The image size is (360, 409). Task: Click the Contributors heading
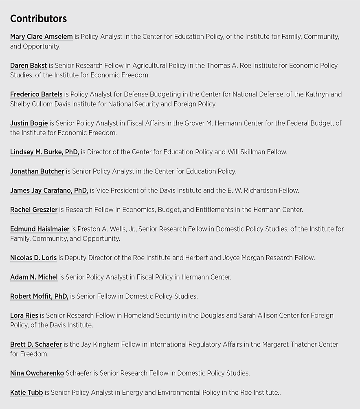coord(38,19)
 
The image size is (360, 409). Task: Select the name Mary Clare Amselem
coord(41,37)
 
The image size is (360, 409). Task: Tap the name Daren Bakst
coord(29,66)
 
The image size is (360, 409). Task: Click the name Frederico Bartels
coord(36,94)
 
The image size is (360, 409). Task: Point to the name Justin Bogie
coord(29,123)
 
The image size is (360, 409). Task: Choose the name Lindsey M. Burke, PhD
coord(44,152)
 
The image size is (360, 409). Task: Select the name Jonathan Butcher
coord(37,171)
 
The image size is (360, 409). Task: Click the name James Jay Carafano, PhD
coord(49,190)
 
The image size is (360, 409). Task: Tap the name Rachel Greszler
coord(34,210)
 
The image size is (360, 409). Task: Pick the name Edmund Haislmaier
coord(40,229)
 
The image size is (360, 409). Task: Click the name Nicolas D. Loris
coord(33,258)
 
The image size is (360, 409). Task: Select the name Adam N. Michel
coord(34,277)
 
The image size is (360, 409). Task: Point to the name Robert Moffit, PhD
coord(39,296)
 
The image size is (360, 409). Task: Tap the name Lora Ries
coord(24,315)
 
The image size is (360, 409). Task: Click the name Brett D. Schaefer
coord(36,344)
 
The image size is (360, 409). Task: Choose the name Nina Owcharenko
coord(37,373)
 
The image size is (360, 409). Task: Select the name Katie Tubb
coord(26,392)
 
